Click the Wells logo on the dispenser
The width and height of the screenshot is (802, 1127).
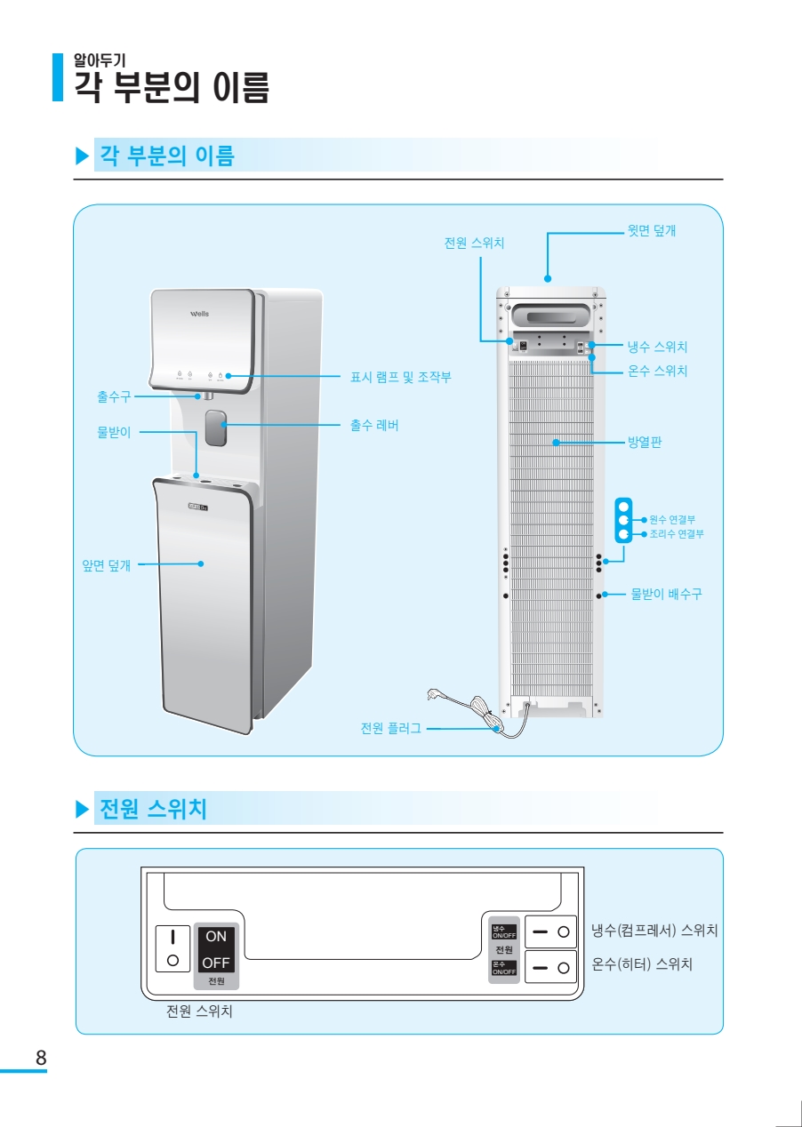(x=200, y=314)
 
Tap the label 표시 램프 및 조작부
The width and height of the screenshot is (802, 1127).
(x=401, y=378)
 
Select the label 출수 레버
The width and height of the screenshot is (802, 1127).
(x=374, y=426)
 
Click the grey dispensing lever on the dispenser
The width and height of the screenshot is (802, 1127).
(x=215, y=428)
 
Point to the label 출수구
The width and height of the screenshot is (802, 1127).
(x=114, y=396)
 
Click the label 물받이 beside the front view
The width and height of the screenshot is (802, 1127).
(x=114, y=433)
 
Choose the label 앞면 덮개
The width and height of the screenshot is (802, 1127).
(x=106, y=564)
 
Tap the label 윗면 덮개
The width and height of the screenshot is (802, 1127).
(x=652, y=231)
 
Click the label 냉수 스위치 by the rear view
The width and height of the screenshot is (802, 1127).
(x=657, y=347)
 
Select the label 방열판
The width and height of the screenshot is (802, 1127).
(x=645, y=442)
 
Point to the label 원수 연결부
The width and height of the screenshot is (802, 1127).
(x=672, y=519)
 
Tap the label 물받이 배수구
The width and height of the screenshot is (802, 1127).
(x=666, y=594)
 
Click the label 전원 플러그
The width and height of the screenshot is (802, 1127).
(x=391, y=729)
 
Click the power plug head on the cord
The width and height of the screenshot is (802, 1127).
(x=436, y=692)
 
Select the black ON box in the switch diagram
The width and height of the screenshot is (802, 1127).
(x=216, y=936)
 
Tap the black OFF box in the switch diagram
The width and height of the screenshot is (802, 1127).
(x=216, y=963)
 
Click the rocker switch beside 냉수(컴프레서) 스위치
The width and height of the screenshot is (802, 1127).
(x=552, y=931)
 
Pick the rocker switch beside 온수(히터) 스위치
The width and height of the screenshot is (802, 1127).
(x=552, y=966)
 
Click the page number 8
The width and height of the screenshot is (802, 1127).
(x=41, y=1059)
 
